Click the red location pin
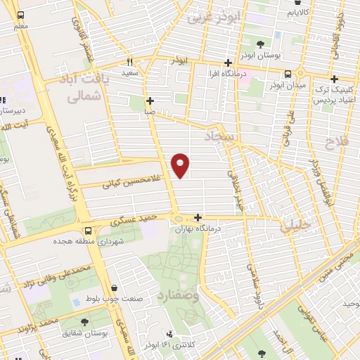[x=181, y=165]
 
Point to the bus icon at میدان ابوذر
[x=288, y=74]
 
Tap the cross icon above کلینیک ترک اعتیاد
[x=334, y=79]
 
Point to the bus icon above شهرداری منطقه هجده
[x=88, y=230]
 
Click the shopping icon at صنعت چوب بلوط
[x=114, y=286]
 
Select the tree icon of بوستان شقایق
[x=84, y=321]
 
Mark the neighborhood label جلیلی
[x=295, y=226]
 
